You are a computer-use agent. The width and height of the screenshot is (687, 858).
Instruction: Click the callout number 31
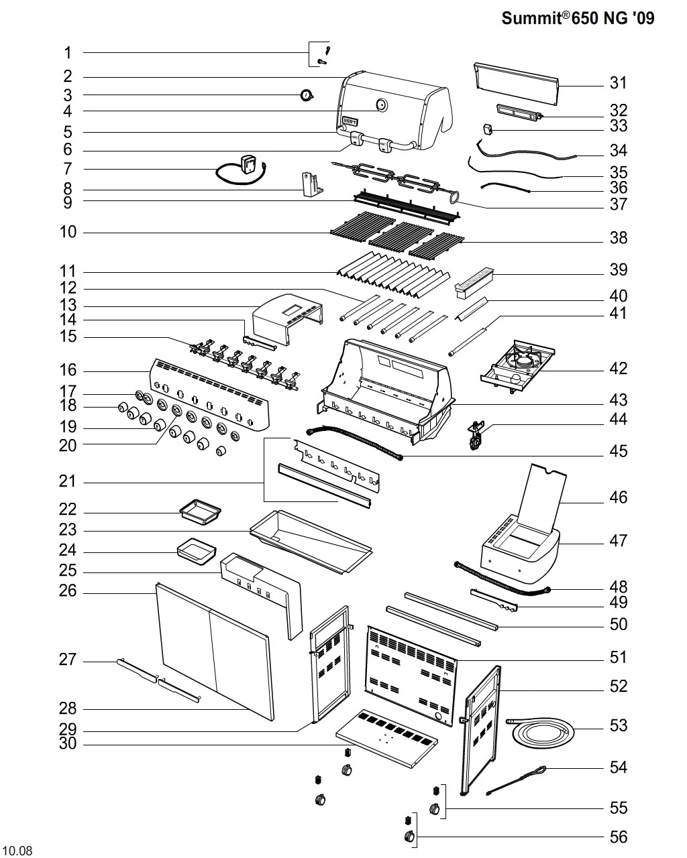(x=618, y=82)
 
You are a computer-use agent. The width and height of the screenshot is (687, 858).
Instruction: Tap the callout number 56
(x=618, y=837)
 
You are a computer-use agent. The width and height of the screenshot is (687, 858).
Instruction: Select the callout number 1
(x=68, y=52)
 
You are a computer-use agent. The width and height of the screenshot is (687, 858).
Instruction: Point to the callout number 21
(x=68, y=482)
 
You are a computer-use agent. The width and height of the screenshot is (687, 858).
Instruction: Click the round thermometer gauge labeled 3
(x=307, y=95)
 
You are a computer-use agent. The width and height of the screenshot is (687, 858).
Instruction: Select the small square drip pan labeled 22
(x=199, y=513)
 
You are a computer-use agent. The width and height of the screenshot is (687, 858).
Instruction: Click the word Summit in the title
(x=531, y=19)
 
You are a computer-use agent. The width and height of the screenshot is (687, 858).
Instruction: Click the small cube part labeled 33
(x=488, y=128)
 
